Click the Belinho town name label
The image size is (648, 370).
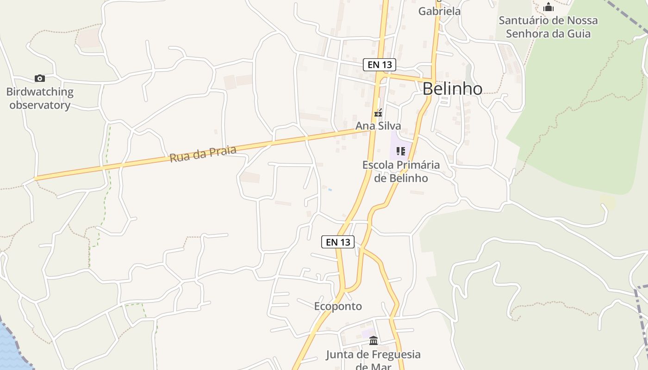point(452,88)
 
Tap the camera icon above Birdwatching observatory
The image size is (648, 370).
point(40,78)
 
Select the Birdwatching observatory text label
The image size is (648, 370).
point(40,98)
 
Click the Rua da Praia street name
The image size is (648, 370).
point(203,154)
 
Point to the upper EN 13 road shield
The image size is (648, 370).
point(379,65)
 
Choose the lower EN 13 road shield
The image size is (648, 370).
point(337,242)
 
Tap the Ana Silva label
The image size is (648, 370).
point(378,126)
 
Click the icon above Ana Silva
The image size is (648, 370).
point(378,112)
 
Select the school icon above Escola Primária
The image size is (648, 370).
point(401,151)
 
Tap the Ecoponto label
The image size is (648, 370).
point(338,306)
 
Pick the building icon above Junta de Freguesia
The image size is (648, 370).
point(373,341)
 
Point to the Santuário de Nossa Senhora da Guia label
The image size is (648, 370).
point(548,27)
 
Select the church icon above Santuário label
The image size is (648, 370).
point(548,7)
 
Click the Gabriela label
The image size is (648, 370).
point(439,11)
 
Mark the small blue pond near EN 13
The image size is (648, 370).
point(330,190)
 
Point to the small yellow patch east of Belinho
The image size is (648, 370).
point(608,202)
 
